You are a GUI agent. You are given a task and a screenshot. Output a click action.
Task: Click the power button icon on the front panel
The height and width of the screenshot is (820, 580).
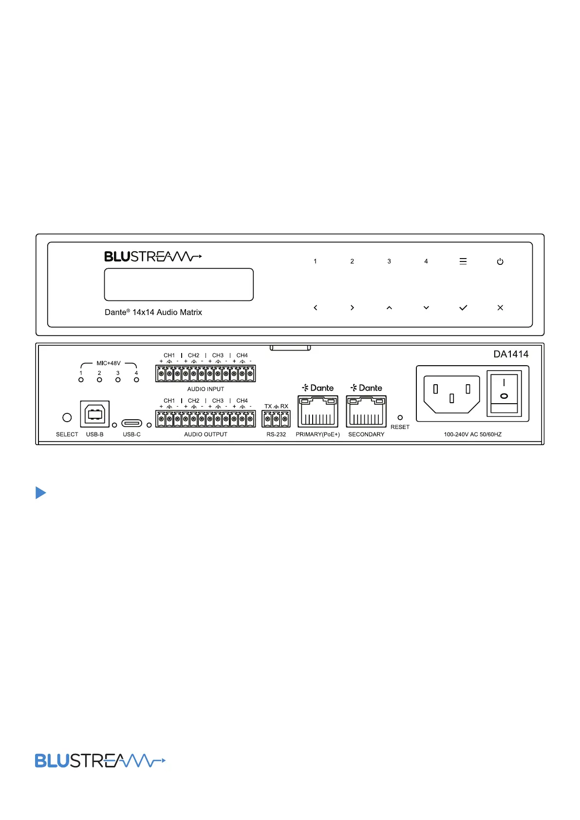(x=500, y=261)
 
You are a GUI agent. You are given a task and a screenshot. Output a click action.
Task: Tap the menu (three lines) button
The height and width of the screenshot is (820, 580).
(x=463, y=261)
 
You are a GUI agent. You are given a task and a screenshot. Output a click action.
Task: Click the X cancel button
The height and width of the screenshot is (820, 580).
(x=500, y=308)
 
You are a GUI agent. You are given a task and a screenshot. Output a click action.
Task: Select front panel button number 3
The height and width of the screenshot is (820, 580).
(x=389, y=261)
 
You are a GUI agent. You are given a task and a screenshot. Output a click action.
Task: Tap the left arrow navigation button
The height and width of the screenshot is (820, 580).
(x=316, y=308)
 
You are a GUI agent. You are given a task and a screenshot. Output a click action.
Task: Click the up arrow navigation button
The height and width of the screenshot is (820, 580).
(x=389, y=308)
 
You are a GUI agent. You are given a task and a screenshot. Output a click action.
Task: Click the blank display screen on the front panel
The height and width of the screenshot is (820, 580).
(x=179, y=284)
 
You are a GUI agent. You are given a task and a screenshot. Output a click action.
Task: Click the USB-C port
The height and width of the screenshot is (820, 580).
(x=131, y=423)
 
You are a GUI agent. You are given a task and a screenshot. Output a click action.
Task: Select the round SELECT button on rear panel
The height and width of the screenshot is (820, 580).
(x=67, y=417)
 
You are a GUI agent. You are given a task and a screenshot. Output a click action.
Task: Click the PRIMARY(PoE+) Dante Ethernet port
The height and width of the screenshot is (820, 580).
(x=318, y=412)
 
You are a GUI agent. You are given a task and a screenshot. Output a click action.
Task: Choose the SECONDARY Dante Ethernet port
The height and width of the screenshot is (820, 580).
(x=366, y=412)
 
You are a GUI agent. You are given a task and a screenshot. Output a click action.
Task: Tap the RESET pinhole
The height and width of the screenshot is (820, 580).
(x=400, y=418)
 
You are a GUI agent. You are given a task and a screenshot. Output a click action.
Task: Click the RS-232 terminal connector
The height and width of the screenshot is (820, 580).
(x=276, y=419)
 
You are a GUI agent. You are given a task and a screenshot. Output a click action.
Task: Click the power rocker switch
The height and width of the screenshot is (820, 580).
(x=504, y=392)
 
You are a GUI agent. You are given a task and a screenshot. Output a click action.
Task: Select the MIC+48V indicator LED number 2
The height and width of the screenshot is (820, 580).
(x=99, y=380)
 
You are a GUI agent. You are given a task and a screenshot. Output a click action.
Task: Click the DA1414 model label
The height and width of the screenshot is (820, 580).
(x=511, y=354)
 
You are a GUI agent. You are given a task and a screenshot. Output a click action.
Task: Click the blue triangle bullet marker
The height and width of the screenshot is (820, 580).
(x=40, y=493)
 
